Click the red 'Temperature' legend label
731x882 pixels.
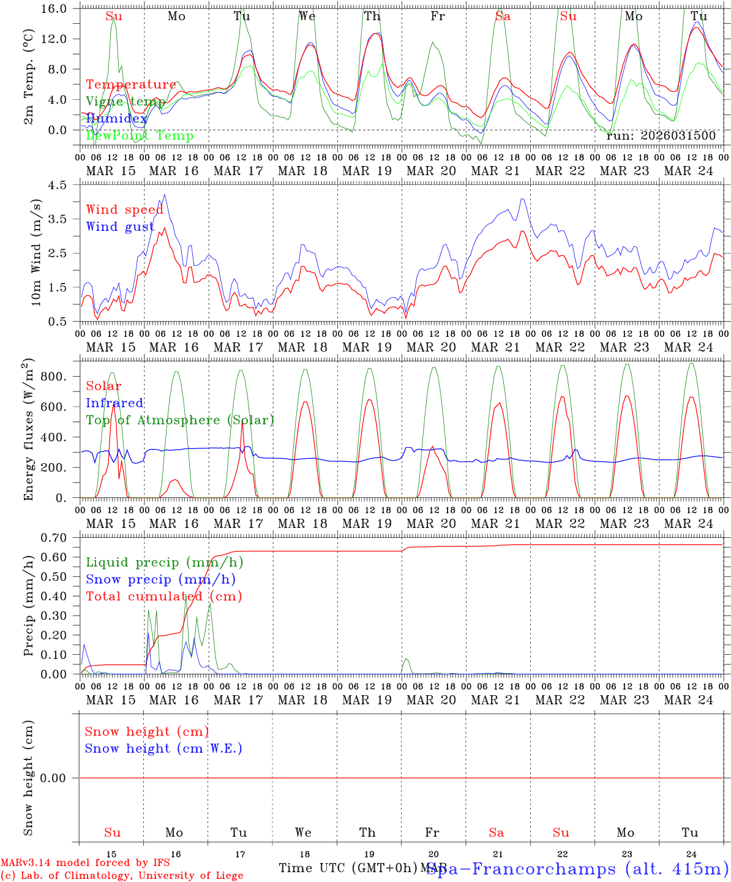[x=131, y=85]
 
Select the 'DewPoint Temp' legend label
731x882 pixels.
[x=140, y=135]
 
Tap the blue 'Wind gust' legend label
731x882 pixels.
[x=120, y=227]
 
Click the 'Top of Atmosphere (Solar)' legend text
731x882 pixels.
[x=180, y=420]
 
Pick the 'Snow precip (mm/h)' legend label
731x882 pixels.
[x=161, y=579]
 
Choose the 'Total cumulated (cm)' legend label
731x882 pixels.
[x=164, y=596]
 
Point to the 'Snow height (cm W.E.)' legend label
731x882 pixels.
[x=163, y=748]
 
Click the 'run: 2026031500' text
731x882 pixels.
[x=661, y=135]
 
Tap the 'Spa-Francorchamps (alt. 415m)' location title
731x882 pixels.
[x=577, y=868]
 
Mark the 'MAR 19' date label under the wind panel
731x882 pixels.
[x=367, y=347]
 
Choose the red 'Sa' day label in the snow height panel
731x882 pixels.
[x=497, y=832]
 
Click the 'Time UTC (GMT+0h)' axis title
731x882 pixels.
[x=348, y=868]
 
